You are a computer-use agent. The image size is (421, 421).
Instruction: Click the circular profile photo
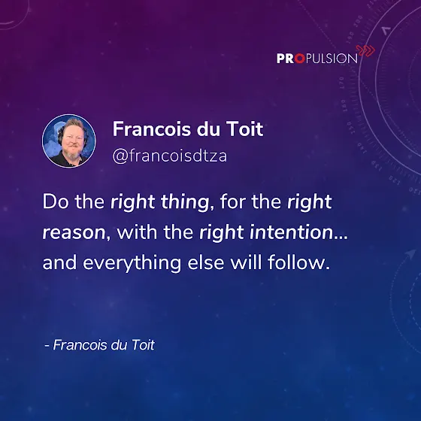[68, 141]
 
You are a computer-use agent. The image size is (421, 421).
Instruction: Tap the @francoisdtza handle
[170, 156]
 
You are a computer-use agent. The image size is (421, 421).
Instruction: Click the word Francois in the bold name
[152, 129]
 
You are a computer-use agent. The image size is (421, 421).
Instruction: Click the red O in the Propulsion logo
[300, 59]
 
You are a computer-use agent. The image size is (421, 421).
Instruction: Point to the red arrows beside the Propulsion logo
[365, 50]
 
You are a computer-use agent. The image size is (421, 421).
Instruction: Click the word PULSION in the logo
[332, 59]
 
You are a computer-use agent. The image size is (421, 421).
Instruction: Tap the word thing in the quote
[185, 202]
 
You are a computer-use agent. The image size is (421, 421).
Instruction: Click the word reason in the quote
[74, 232]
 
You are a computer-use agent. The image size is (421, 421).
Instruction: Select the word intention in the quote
[292, 232]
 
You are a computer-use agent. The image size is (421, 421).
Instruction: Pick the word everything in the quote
[132, 263]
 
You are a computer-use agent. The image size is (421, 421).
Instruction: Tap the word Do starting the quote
[56, 201]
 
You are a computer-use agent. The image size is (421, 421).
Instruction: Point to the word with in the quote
[137, 232]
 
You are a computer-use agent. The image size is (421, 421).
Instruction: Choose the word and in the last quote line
[59, 262]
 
